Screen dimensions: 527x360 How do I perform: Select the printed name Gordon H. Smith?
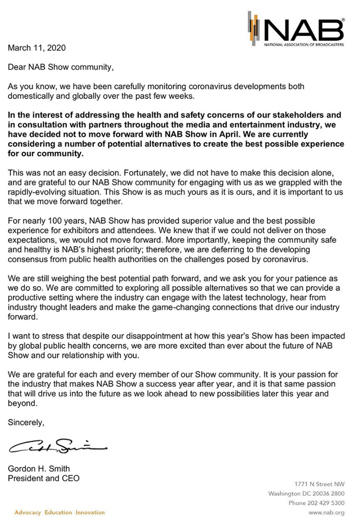click(39, 469)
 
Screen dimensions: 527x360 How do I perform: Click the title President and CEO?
click(44, 478)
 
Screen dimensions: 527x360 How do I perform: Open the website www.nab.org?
click(326, 513)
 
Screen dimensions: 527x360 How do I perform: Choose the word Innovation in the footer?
click(90, 513)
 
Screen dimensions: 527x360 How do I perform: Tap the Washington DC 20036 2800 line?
click(306, 494)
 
